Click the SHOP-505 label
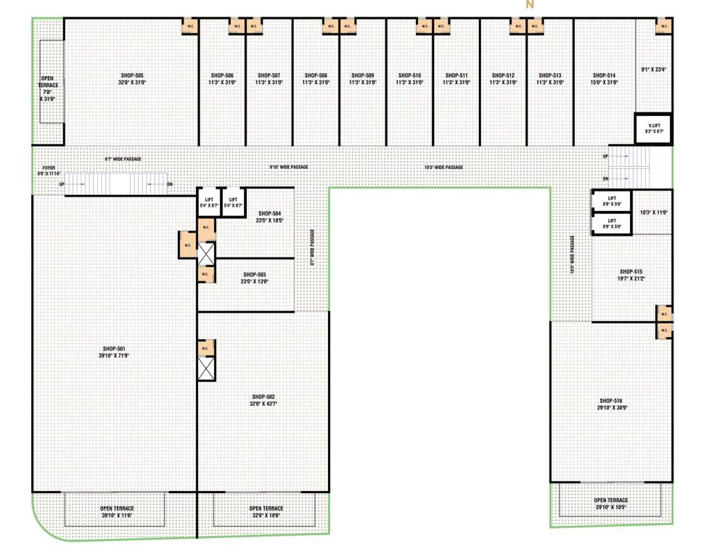[x=131, y=75]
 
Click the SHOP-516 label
[x=610, y=401]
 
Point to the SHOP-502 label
[x=263, y=397]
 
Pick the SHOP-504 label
[x=269, y=214]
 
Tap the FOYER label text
[x=49, y=168]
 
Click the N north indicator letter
[x=530, y=5]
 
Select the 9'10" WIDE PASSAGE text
[x=288, y=168]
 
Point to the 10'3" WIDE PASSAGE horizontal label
[x=443, y=168]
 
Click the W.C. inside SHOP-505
[x=190, y=28]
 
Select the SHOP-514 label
[x=604, y=75]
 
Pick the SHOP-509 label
[x=362, y=75]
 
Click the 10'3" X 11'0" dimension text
[x=653, y=213]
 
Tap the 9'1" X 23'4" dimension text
[x=653, y=70]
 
